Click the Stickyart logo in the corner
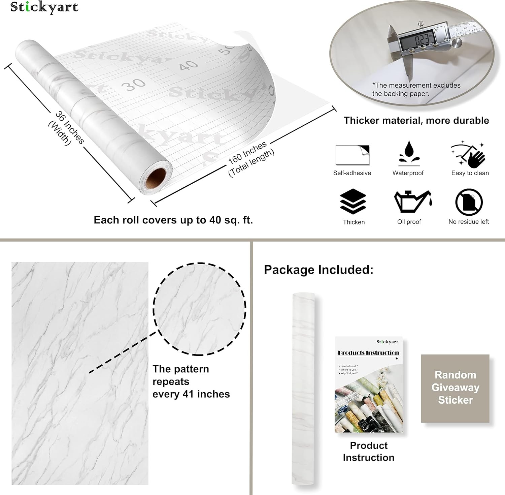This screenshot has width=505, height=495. coord(44,7)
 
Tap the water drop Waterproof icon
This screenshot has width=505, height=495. coord(409,153)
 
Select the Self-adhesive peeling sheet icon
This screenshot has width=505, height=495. coord(352,155)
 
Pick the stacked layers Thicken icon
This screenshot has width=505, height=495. coord(353,202)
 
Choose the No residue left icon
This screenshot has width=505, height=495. coord(469,202)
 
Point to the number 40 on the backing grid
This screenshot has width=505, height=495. coord(189,65)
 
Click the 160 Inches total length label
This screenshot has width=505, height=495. coord(250,158)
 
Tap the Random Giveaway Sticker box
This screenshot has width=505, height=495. coord(455,388)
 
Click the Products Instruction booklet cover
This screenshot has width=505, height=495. coord(369,384)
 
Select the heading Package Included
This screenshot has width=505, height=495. coord(318,270)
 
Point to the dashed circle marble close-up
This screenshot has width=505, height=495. coord(200,309)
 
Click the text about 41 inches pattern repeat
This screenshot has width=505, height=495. coord(191,381)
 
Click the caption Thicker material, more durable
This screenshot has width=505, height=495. coord(416,121)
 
